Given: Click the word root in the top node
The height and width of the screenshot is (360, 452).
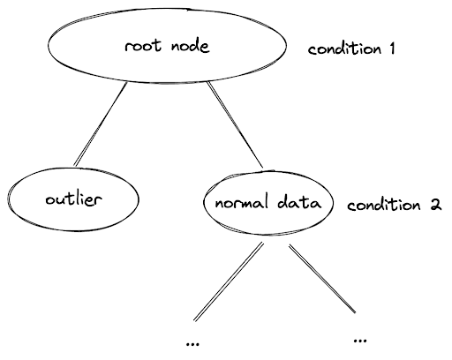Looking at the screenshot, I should tap(141, 46).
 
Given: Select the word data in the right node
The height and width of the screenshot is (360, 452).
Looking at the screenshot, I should tap(298, 204).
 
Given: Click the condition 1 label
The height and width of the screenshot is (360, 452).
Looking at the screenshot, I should tap(350, 49).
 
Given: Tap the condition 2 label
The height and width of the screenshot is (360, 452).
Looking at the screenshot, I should tap(393, 205).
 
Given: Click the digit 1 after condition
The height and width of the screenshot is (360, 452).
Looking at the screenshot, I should tap(389, 49).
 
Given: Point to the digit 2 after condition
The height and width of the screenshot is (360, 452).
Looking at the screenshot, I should tap(434, 205).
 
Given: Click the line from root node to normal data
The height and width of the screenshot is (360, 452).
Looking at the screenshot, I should tap(237, 124).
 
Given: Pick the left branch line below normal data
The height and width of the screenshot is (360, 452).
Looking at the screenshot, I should tap(228, 281).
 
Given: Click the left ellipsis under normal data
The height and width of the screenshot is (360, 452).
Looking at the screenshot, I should tap(193, 341).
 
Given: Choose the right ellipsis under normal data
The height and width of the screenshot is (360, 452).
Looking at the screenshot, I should tap(358, 338).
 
